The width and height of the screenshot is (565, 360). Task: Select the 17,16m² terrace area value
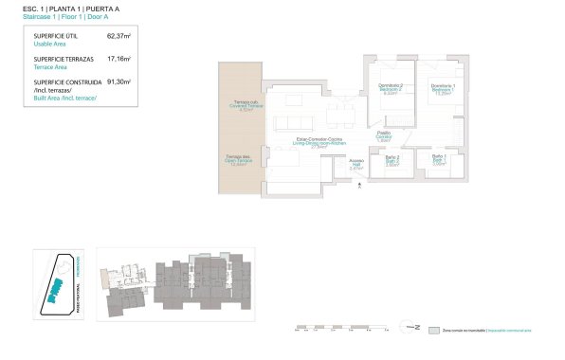pos(119,59)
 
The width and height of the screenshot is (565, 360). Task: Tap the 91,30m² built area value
pos(119,82)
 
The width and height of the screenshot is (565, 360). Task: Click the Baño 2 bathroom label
pos(392,158)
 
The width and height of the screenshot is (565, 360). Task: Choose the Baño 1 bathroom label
pos(439,157)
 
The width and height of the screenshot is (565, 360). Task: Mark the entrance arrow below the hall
pos(360,185)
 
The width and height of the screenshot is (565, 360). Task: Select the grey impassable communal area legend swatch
pos(433,331)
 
